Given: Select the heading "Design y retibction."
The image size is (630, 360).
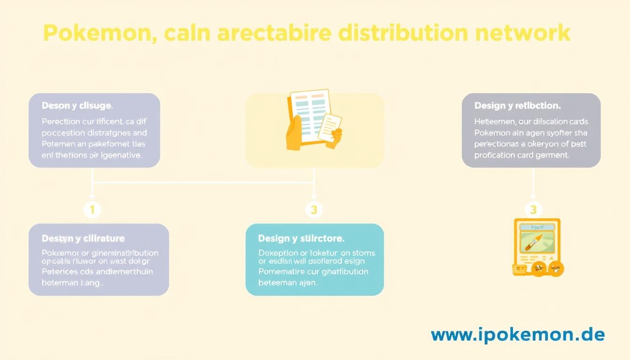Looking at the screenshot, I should point(517,106).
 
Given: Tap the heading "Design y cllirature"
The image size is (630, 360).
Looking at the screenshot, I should point(83,239).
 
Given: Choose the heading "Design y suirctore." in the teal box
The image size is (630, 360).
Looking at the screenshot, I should point(301,239).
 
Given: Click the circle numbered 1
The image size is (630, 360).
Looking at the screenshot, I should point(92,210).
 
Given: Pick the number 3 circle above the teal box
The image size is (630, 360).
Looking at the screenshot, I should point(314,210).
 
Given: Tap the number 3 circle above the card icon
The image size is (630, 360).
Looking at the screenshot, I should point(533,210).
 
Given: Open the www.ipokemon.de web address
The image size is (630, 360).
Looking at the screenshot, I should point(517,335).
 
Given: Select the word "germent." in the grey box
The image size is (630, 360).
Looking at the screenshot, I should point(553,155).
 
